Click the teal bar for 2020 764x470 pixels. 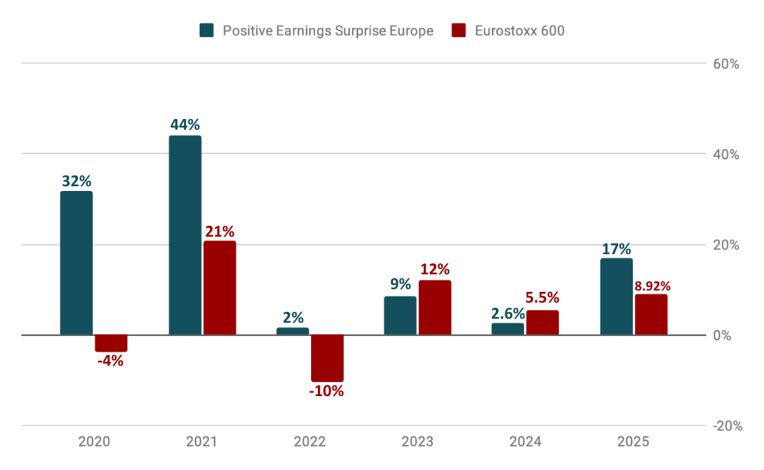(77, 263)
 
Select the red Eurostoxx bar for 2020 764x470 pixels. (111, 343)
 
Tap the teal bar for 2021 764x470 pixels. (185, 235)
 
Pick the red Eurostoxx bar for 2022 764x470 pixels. (327, 358)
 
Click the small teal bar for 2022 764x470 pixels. (293, 331)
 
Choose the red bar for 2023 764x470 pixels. (435, 307)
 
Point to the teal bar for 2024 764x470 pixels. (508, 329)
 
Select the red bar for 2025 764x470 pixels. (651, 314)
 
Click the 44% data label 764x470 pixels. (184, 125)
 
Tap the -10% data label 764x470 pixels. (327, 391)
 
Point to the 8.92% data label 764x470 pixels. (652, 286)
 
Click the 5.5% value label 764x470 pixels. (542, 298)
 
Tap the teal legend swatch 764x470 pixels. (207, 31)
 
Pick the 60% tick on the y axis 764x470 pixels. (726, 65)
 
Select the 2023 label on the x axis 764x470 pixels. (417, 442)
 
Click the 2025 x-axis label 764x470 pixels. (634, 442)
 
